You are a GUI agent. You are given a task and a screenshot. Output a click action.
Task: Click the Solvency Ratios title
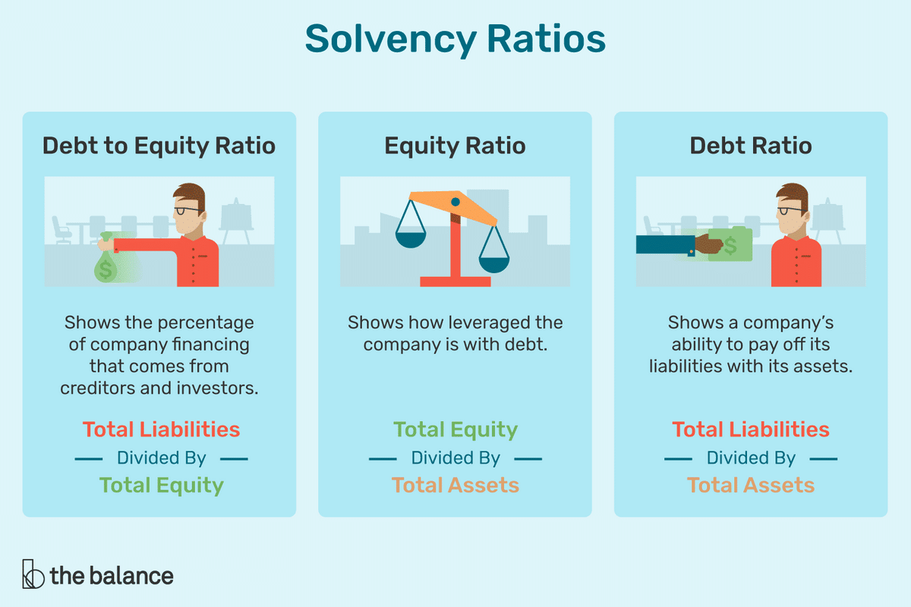pos(455,39)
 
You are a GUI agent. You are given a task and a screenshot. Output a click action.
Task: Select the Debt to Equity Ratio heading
pos(159,146)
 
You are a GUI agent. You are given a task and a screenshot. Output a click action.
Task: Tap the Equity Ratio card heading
pos(455,146)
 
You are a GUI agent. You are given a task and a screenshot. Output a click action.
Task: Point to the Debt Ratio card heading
pos(751,146)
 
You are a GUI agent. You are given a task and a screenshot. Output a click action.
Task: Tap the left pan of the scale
pos(411,240)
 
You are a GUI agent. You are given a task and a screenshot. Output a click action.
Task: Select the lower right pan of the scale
pos(494,265)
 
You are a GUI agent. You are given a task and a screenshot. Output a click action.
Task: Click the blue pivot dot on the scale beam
pos(455,202)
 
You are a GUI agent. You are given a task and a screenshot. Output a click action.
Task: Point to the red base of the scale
pos(455,281)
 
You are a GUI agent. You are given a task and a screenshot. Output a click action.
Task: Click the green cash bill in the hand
pos(730,244)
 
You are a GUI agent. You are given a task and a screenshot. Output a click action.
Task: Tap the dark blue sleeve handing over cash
pos(665,245)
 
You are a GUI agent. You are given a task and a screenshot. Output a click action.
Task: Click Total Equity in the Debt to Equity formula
pos(162,486)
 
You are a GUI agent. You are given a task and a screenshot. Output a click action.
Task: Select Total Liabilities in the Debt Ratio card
pos(751,429)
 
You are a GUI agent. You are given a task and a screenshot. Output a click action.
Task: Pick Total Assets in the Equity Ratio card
pos(455,485)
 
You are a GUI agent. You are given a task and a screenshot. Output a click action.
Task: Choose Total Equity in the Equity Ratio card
pos(455,430)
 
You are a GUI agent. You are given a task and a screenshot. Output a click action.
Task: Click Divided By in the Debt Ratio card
pos(751,458)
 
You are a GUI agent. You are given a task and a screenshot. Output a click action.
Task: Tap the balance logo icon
pos(33,574)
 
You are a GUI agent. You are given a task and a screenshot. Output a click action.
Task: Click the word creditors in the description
pos(98,388)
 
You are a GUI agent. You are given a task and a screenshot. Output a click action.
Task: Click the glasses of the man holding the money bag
pos(188,211)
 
